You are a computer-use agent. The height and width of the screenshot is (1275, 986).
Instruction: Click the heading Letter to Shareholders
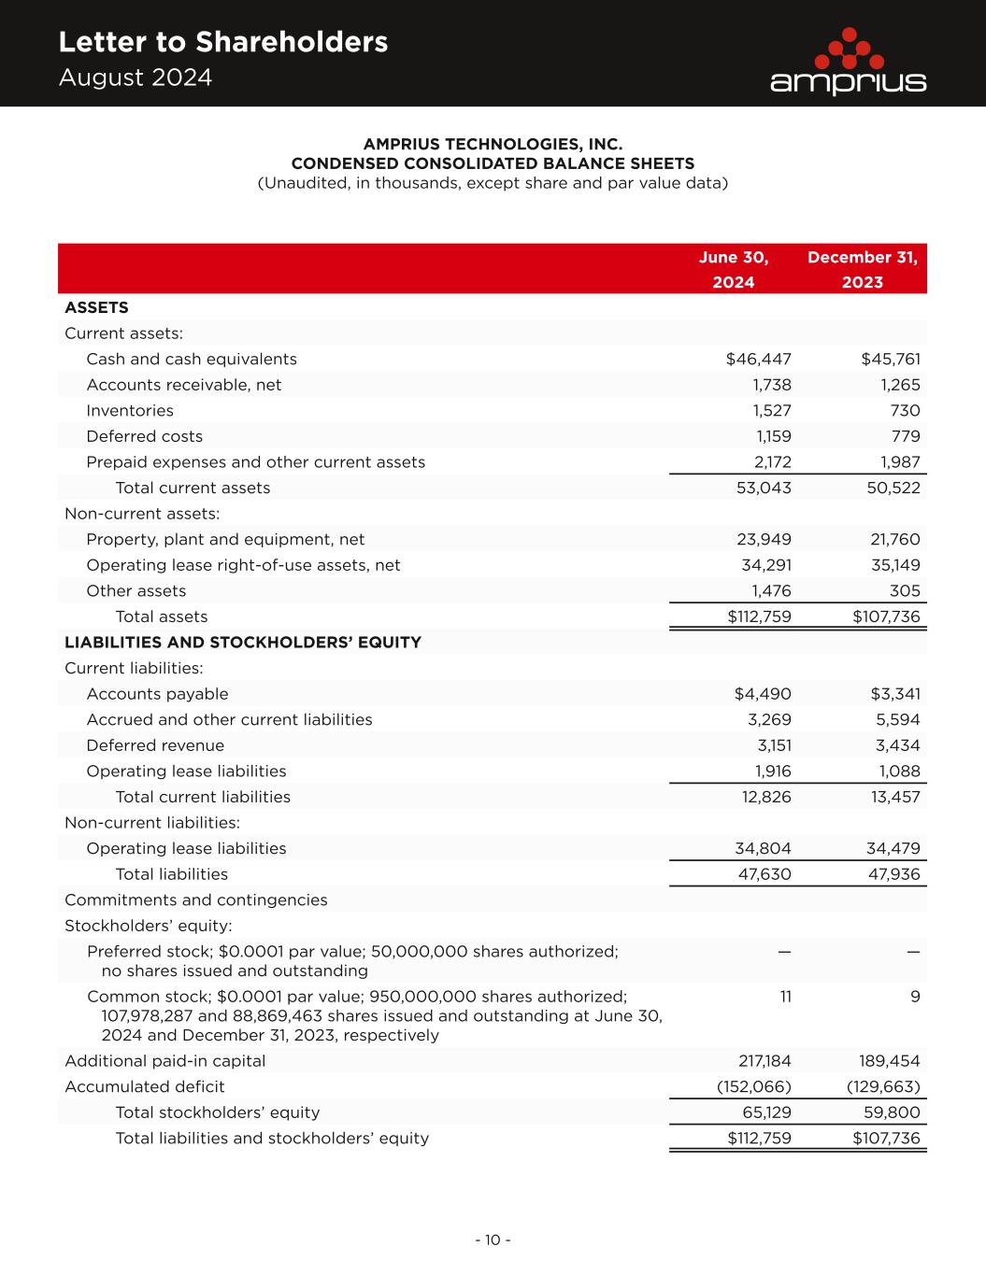222,42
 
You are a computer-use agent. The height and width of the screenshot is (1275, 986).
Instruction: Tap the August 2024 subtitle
136,78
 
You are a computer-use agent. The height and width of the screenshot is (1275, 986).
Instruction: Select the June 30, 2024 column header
734,269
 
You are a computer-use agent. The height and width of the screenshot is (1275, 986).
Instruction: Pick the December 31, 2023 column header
862,269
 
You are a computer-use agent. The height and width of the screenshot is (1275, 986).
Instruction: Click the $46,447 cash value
758,360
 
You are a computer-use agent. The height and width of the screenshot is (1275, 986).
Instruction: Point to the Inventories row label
130,411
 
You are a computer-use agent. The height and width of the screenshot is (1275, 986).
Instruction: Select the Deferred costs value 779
905,436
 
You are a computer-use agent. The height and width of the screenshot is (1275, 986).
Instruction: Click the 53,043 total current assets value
764,488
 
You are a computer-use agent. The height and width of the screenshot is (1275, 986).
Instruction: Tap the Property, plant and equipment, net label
225,540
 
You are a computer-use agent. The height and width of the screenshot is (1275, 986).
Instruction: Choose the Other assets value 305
905,591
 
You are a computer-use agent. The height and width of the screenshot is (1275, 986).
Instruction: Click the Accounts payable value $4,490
763,694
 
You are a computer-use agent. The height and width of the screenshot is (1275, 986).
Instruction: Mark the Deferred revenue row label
155,745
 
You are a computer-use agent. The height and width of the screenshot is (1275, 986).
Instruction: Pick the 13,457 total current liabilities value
894,797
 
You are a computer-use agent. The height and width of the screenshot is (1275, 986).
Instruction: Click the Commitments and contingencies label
196,900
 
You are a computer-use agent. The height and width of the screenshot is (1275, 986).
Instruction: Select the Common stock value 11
785,997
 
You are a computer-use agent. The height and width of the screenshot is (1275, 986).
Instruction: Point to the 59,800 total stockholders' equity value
894,1112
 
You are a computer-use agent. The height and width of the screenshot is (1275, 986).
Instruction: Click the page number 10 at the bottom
493,1240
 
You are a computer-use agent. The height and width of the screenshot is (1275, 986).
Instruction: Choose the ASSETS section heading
96,307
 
